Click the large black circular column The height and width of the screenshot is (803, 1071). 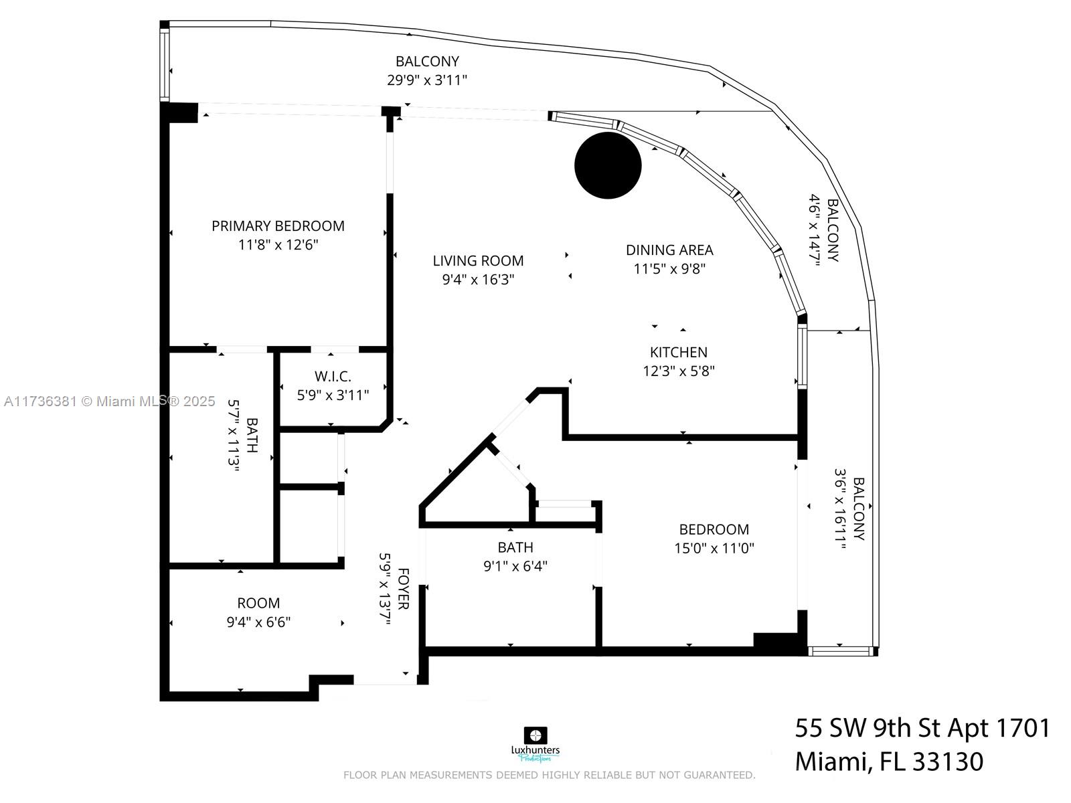[x=608, y=165]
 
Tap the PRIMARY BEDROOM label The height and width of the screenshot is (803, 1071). [x=278, y=226]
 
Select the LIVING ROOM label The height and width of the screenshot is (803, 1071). [x=478, y=261]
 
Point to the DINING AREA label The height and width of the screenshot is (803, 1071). [x=669, y=250]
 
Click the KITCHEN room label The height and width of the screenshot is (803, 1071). [x=679, y=353]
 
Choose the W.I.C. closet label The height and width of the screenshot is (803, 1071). [x=333, y=376]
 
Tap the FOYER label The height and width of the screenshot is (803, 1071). [x=402, y=588]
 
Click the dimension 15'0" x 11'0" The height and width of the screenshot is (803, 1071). [x=714, y=549]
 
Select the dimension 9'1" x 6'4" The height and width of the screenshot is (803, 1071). [x=515, y=567]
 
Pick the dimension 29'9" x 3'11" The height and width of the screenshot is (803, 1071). [x=427, y=80]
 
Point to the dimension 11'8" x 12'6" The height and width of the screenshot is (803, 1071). [x=278, y=245]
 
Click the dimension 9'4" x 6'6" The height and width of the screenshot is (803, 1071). [x=258, y=622]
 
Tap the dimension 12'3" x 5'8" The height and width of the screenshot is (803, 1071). [x=679, y=371]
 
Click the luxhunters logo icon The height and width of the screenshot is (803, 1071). [x=535, y=735]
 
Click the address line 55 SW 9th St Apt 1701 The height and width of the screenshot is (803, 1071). [x=922, y=729]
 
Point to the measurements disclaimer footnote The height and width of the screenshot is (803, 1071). [x=550, y=775]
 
